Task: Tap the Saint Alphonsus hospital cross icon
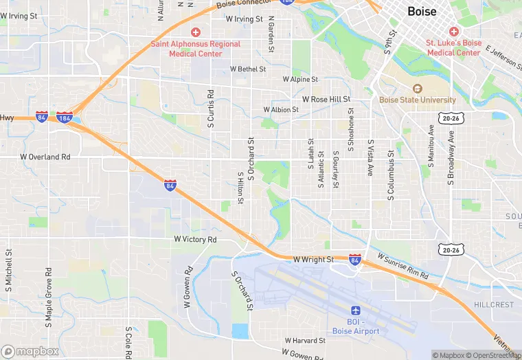point(196,32)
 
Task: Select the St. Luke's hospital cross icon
point(453,32)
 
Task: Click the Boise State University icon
point(417,89)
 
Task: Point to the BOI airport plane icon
point(355,311)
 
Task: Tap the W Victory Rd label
point(195,239)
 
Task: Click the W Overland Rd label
point(45,157)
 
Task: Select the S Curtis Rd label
point(211,108)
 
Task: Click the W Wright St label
point(313,260)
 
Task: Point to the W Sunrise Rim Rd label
point(403,266)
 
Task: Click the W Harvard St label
point(305,340)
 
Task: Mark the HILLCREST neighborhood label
point(494,304)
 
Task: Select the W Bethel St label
point(247,69)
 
